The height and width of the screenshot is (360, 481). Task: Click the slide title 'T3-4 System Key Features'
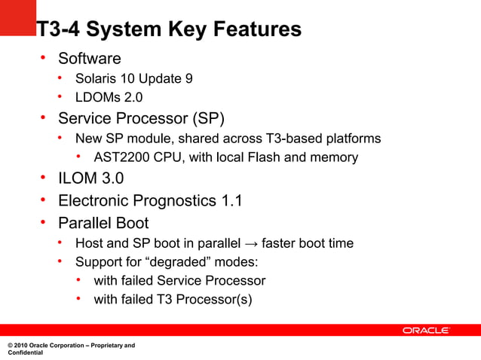pyautogui.click(x=169, y=29)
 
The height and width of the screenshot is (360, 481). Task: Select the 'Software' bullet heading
pyautogui.click(x=89, y=58)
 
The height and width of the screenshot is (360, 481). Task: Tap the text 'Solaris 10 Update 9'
pyautogui.click(x=133, y=78)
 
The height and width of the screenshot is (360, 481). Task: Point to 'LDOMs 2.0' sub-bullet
pyautogui.click(x=109, y=97)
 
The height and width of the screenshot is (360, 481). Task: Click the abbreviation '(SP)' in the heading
pyautogui.click(x=207, y=118)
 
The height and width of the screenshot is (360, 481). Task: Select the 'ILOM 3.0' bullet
pyautogui.click(x=90, y=178)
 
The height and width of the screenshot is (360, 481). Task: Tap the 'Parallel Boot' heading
pyautogui.click(x=103, y=223)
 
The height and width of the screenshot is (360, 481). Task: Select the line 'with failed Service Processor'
pyautogui.click(x=179, y=281)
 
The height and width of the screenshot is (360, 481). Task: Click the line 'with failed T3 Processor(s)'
pyautogui.click(x=173, y=300)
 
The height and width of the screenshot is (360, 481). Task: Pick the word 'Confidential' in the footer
pyautogui.click(x=25, y=353)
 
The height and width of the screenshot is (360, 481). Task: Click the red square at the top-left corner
pyautogui.click(x=17, y=17)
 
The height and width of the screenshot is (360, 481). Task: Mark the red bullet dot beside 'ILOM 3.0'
pyautogui.click(x=44, y=178)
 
